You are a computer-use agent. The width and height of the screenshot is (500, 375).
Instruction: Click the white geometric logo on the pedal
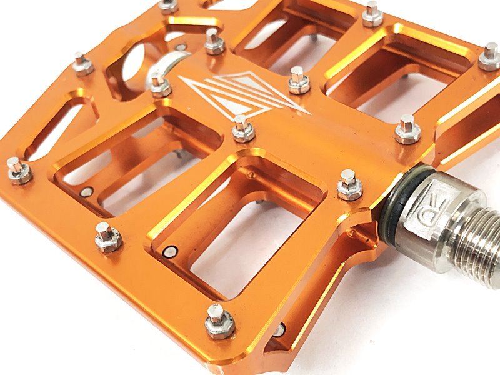pyautogui.click(x=244, y=94)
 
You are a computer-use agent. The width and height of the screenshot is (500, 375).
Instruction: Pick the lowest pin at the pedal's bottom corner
pyautogui.click(x=220, y=322)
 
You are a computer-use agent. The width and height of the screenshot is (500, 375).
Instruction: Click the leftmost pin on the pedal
pyautogui.click(x=19, y=171)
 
